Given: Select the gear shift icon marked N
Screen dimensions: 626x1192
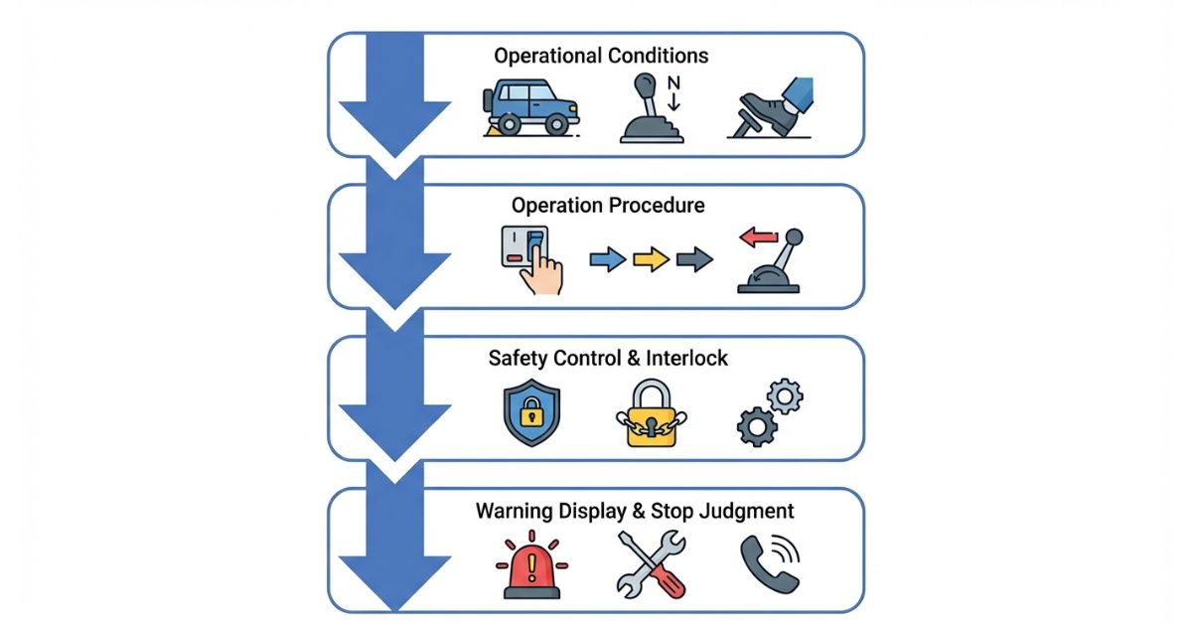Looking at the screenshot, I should [651, 112].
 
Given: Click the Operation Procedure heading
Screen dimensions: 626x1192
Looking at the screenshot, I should [608, 206].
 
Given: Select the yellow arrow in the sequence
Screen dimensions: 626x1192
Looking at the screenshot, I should [651, 260].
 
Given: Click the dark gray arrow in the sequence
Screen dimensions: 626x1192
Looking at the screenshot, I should [693, 260].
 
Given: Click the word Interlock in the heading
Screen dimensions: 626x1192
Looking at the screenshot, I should [687, 358].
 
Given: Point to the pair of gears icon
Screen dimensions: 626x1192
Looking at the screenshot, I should [770, 411].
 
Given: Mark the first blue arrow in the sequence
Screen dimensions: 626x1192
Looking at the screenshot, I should [608, 260].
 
